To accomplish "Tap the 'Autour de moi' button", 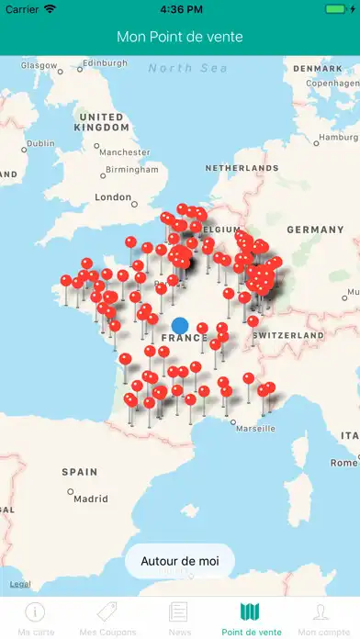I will (x=180, y=559).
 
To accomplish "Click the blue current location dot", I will (x=180, y=325).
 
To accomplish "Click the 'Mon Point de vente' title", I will (x=180, y=37).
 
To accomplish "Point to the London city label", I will (x=113, y=196).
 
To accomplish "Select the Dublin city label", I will (x=40, y=143).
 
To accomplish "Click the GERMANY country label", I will (x=314, y=229).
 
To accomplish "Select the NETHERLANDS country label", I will (x=241, y=169).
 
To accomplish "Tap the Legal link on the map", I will (x=20, y=584).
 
